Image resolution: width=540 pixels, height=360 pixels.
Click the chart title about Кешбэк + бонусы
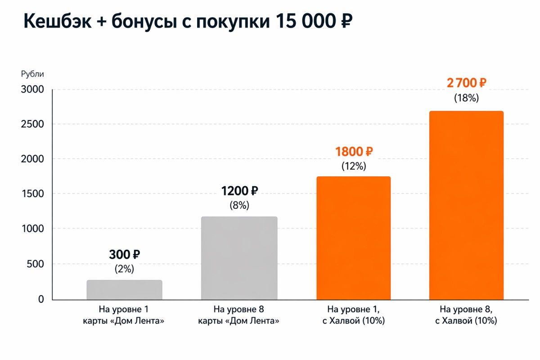188,22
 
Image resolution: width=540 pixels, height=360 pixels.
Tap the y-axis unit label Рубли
32,74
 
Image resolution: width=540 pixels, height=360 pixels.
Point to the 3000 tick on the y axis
32,89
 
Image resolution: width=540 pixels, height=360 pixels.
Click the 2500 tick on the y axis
32,124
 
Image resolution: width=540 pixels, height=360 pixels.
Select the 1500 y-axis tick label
32,194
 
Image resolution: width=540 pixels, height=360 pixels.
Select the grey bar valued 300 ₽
124,290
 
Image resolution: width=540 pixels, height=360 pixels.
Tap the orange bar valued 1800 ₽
353,238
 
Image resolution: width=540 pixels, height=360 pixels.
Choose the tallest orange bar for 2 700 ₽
466,205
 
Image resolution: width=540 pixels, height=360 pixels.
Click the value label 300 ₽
124,255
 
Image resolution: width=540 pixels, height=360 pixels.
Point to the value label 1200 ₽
239,191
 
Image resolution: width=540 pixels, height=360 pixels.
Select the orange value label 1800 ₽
353,152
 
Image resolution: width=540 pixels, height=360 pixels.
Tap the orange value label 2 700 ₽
466,83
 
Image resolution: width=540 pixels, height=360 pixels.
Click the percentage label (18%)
466,98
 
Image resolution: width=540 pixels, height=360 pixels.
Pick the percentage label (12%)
353,166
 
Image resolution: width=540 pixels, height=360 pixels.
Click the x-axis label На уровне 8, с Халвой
468,315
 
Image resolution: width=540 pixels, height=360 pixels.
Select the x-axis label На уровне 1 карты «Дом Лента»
124,315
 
